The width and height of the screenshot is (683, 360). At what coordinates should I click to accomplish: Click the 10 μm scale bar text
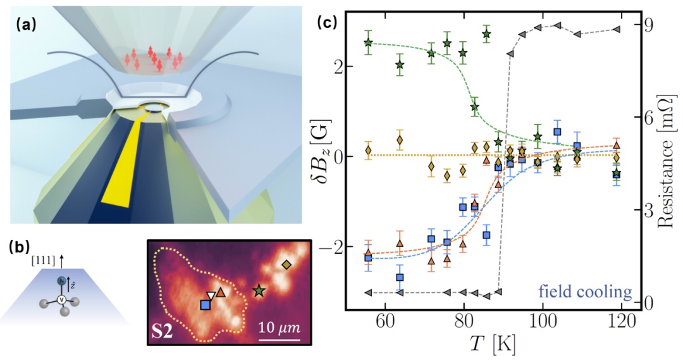pyautogui.click(x=279, y=328)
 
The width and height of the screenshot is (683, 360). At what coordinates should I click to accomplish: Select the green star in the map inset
pyautogui.click(x=259, y=290)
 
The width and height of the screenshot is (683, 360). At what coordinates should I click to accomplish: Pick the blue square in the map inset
pyautogui.click(x=206, y=306)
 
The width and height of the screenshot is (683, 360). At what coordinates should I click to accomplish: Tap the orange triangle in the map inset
pyautogui.click(x=220, y=292)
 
